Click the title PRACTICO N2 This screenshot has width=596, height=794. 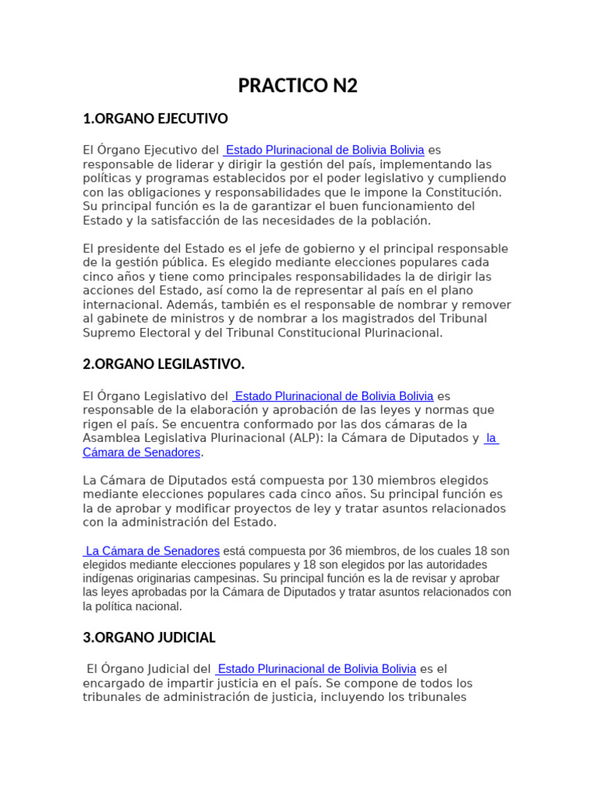pyautogui.click(x=298, y=85)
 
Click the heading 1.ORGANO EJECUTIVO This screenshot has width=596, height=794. pyautogui.click(x=155, y=119)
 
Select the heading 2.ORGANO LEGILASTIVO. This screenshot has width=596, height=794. pyautogui.click(x=164, y=364)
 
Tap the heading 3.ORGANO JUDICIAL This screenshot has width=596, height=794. pyautogui.click(x=149, y=638)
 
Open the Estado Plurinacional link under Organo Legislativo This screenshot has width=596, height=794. pyautogui.click(x=333, y=396)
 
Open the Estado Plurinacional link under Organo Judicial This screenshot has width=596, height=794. pyautogui.click(x=316, y=669)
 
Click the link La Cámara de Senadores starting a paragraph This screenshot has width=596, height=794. pyautogui.click(x=152, y=551)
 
